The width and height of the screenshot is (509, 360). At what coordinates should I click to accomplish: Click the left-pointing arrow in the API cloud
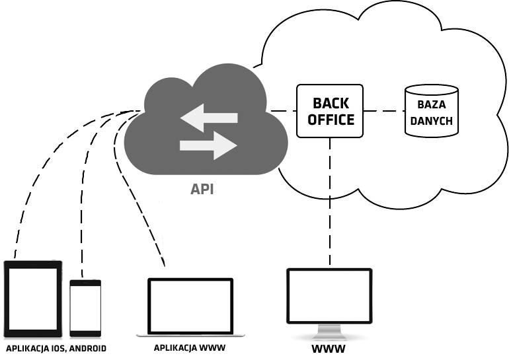(209, 118)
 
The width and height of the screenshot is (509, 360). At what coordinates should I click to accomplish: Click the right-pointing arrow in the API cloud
(209, 145)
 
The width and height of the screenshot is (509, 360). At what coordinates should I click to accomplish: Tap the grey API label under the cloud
(202, 189)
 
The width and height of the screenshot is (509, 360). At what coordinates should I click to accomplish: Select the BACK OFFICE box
(330, 111)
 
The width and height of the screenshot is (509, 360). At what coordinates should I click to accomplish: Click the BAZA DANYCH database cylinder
(432, 111)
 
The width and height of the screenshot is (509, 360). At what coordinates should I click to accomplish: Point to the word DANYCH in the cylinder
(432, 121)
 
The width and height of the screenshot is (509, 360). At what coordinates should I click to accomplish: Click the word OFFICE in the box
(331, 120)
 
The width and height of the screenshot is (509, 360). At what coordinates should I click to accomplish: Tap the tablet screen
(32, 299)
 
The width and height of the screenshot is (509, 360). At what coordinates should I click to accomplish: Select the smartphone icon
(86, 308)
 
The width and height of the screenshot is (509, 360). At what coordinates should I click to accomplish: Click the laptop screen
(190, 306)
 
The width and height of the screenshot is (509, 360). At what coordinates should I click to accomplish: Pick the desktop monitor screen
(329, 295)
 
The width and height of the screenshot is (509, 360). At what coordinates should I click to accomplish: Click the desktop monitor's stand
(329, 332)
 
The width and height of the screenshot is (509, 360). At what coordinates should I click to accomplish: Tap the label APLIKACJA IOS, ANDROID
(56, 349)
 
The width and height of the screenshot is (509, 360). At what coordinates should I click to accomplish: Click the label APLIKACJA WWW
(190, 348)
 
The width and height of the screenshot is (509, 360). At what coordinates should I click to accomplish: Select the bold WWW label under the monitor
(329, 349)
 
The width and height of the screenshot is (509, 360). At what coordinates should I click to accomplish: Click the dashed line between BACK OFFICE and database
(384, 111)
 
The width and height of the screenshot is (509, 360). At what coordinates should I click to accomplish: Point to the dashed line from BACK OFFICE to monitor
(330, 201)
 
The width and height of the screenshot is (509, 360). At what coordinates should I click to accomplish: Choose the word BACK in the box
(331, 104)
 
